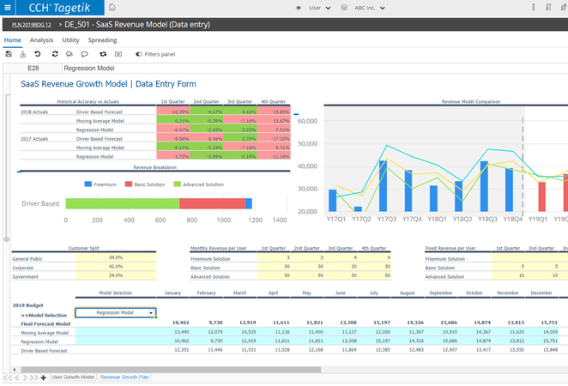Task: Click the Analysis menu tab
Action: coord(41,40)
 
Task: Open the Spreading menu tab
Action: coord(102,40)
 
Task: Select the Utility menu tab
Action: coord(70,40)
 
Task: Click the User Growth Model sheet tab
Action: coord(73,377)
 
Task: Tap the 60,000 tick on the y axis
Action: coord(306,121)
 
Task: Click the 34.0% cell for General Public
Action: coord(116,257)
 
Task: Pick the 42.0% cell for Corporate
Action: coord(116,267)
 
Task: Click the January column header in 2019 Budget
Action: coord(172,293)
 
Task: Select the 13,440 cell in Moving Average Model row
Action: coord(181,331)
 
